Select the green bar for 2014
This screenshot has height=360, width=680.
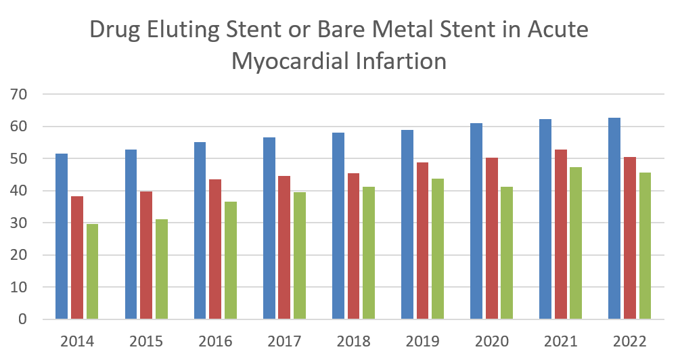pyautogui.click(x=92, y=271)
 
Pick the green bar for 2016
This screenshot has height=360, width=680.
pyautogui.click(x=231, y=261)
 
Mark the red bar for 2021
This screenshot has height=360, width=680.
pyautogui.click(x=561, y=234)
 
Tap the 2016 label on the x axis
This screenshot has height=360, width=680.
pyautogui.click(x=215, y=340)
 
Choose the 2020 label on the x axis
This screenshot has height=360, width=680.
pyautogui.click(x=491, y=340)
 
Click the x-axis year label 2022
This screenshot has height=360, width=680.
pyautogui.click(x=630, y=340)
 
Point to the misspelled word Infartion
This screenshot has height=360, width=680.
pyautogui.click(x=403, y=62)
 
